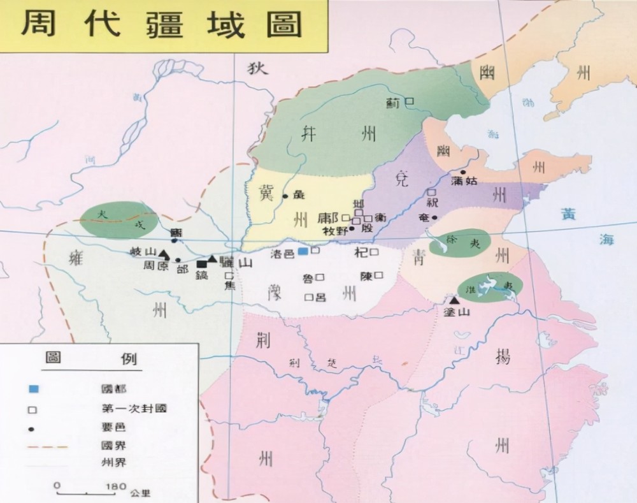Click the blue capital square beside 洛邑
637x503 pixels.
tap(303, 252)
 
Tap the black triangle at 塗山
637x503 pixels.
tap(454, 300)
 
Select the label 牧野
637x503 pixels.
tap(336, 231)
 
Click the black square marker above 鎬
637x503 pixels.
tap(201, 264)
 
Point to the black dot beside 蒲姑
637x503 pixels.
tap(463, 172)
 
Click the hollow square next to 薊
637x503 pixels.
tap(410, 101)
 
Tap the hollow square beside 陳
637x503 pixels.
tap(379, 275)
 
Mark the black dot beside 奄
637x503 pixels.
tap(434, 217)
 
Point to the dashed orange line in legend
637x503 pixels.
tap(48, 446)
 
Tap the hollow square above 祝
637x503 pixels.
tap(431, 192)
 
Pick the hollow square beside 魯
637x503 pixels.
tap(320, 277)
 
